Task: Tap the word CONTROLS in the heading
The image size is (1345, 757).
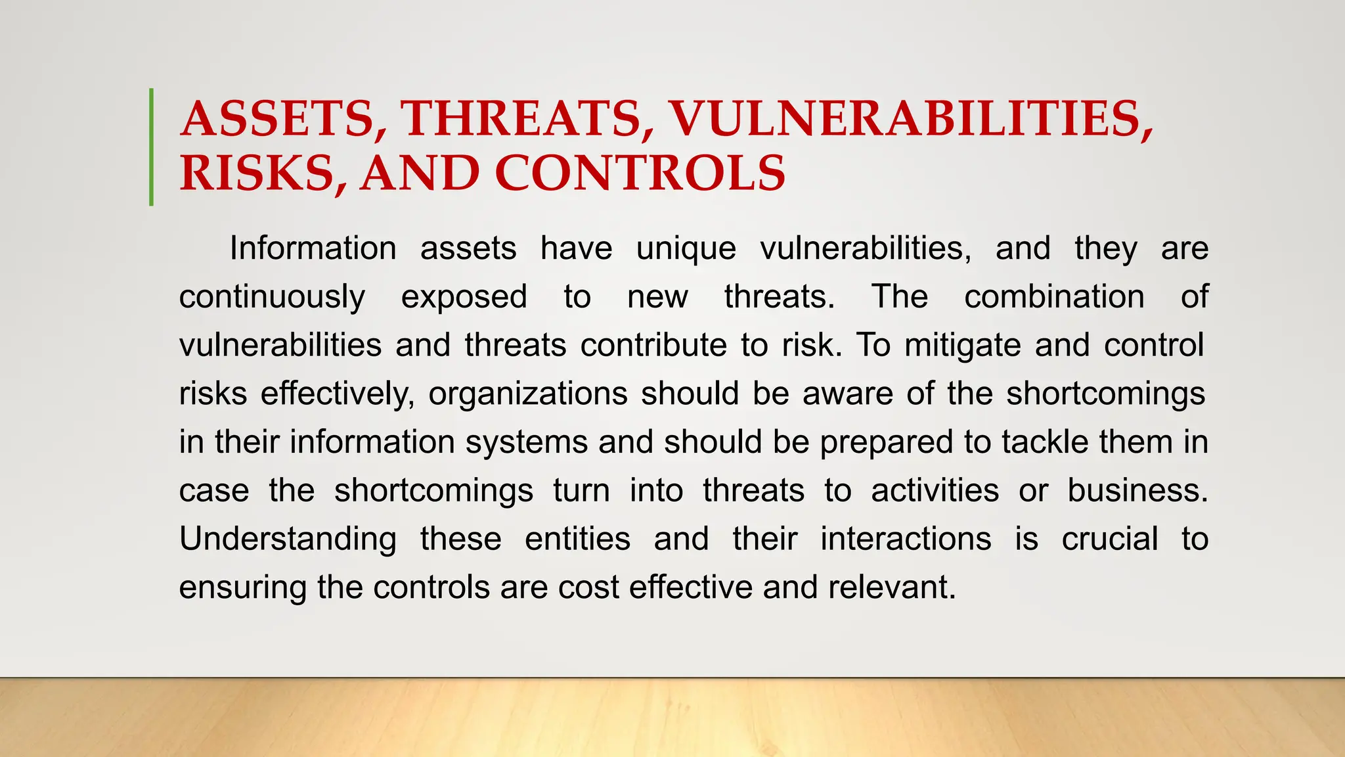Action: (x=640, y=173)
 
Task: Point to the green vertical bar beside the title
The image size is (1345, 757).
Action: (x=152, y=147)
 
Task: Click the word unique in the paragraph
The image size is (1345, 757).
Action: (x=686, y=249)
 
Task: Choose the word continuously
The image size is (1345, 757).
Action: (x=272, y=297)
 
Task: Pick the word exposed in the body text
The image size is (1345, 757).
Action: (x=464, y=297)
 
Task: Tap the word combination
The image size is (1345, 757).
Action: (x=1054, y=297)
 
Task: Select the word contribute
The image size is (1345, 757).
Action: (x=653, y=346)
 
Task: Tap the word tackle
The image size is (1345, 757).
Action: (x=1045, y=442)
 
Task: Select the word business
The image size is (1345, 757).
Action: (x=1137, y=491)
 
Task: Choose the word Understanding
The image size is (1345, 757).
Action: (x=288, y=539)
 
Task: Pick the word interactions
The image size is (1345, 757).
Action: (x=906, y=539)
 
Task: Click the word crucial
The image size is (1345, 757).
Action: (x=1109, y=539)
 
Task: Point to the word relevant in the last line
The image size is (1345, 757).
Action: (x=892, y=587)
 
